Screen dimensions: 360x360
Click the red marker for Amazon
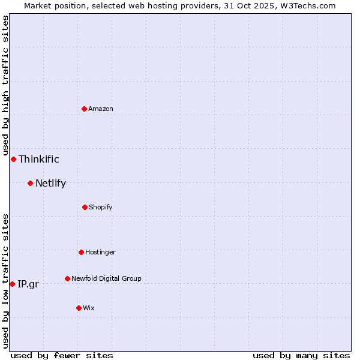85,109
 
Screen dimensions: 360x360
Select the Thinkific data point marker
13,159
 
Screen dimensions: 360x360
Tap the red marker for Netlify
30,183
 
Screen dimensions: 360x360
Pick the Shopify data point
85,207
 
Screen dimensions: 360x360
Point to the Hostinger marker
81,252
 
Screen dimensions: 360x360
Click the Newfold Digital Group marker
67,278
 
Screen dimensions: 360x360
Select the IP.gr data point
12,284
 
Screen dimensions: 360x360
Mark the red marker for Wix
79,308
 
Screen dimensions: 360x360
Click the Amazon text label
101,109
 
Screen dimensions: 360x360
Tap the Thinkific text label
39,159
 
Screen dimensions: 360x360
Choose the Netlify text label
50,183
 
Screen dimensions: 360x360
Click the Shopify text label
101,207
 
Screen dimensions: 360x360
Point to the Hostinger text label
100,252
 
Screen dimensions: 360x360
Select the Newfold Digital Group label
106,278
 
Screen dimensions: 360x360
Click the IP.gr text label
28,284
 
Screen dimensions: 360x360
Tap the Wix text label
89,308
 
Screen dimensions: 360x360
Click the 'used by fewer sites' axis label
62,355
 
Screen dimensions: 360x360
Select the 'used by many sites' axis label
301,355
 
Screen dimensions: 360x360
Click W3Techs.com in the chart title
307,5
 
